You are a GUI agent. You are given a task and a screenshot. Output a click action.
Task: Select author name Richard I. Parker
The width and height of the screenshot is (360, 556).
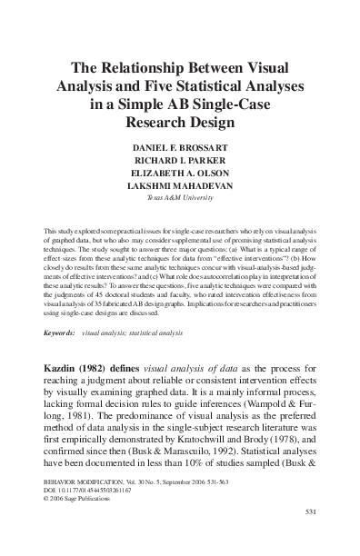[x=179, y=162]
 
